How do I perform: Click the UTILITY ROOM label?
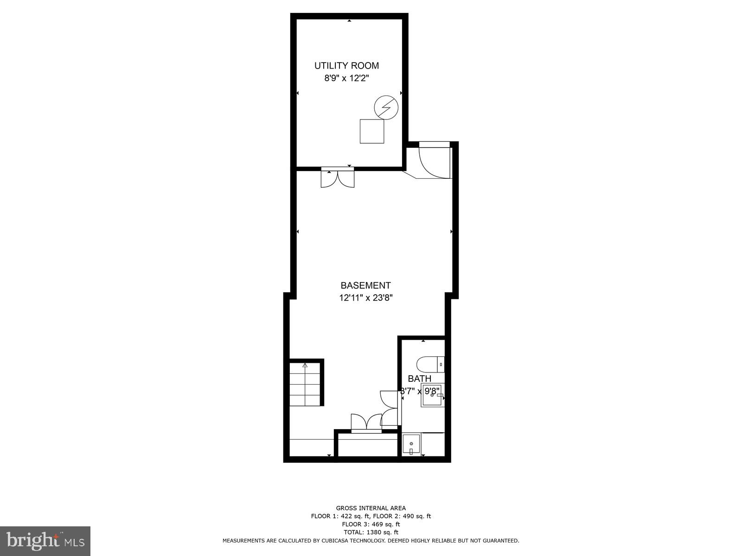(346, 66)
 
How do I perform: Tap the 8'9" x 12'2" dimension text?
(346, 78)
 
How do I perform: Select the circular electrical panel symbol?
(386, 107)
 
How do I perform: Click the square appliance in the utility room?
(372, 131)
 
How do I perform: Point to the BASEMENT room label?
(365, 285)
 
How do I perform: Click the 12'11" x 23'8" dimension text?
(365, 298)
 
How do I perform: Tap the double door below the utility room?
(338, 178)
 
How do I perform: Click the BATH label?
(419, 379)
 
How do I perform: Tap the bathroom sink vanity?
(432, 395)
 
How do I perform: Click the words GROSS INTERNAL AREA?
(371, 508)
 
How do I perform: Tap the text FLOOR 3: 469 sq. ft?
(371, 524)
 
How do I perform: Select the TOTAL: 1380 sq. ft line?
(371, 532)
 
